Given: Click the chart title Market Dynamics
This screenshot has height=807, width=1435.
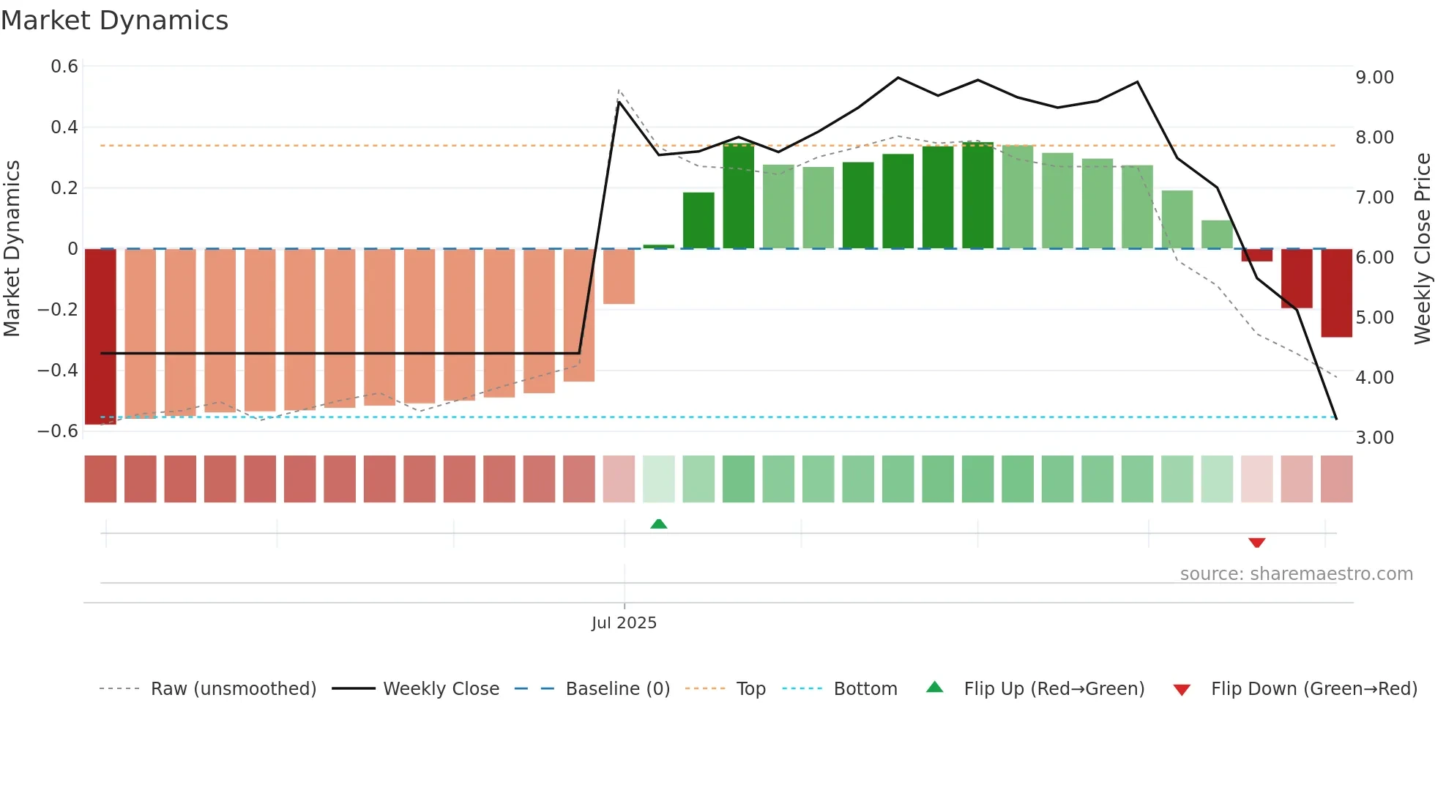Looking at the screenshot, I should [114, 21].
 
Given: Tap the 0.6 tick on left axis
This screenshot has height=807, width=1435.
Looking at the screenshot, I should [64, 67].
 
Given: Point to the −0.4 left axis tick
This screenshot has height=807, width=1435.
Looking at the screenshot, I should [58, 370].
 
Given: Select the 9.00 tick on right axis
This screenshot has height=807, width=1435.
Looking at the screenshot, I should [1374, 78].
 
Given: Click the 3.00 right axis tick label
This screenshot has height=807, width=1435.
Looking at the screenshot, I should [1374, 438].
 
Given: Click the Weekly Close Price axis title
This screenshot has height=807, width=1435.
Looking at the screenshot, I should [1422, 248].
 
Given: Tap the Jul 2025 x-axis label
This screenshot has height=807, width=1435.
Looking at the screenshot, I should [624, 623].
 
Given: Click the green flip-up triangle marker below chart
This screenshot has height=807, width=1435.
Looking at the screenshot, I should [658, 524].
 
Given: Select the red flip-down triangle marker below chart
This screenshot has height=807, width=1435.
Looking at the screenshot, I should [1256, 543].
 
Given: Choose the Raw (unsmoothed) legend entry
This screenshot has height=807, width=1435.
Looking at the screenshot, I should [233, 689].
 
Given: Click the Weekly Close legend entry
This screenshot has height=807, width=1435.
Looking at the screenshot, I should [441, 689].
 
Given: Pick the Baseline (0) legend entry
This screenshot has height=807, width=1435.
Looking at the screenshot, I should [617, 689].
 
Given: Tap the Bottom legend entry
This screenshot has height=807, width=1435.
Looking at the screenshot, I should [865, 689].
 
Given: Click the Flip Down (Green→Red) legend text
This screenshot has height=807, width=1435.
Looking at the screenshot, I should [1313, 689].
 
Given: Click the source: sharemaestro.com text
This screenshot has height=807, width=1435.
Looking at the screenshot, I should [1296, 574].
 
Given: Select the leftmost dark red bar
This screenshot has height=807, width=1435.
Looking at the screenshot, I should [100, 336].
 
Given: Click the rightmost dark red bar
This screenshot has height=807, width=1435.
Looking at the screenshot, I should [1336, 293].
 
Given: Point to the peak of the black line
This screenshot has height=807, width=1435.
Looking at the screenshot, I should [898, 78].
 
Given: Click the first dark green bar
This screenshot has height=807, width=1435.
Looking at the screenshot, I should [698, 220].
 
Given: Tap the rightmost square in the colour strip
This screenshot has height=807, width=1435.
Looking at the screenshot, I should [1336, 479].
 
